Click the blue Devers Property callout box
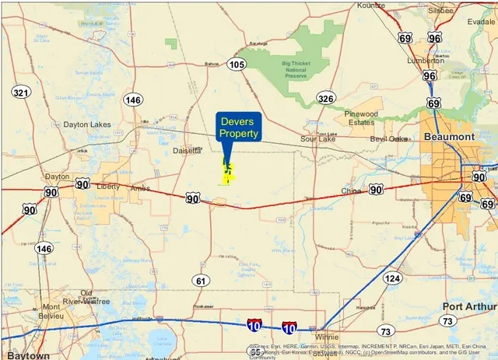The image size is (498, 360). click(239, 128)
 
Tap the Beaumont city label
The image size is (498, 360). click(449, 137)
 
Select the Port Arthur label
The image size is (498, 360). click(468, 306)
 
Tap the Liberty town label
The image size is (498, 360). click(107, 187)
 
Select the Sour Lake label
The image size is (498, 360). click(317, 139)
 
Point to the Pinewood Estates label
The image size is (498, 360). click(360, 118)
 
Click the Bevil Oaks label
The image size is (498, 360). click(388, 138)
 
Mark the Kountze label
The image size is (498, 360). click(370, 5)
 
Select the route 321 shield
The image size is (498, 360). click(21, 93)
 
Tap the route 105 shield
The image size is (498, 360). click(237, 64)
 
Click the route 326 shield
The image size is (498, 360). click(325, 98)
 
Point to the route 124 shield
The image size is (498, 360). click(393, 278)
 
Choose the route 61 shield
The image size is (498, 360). click(202, 281)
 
